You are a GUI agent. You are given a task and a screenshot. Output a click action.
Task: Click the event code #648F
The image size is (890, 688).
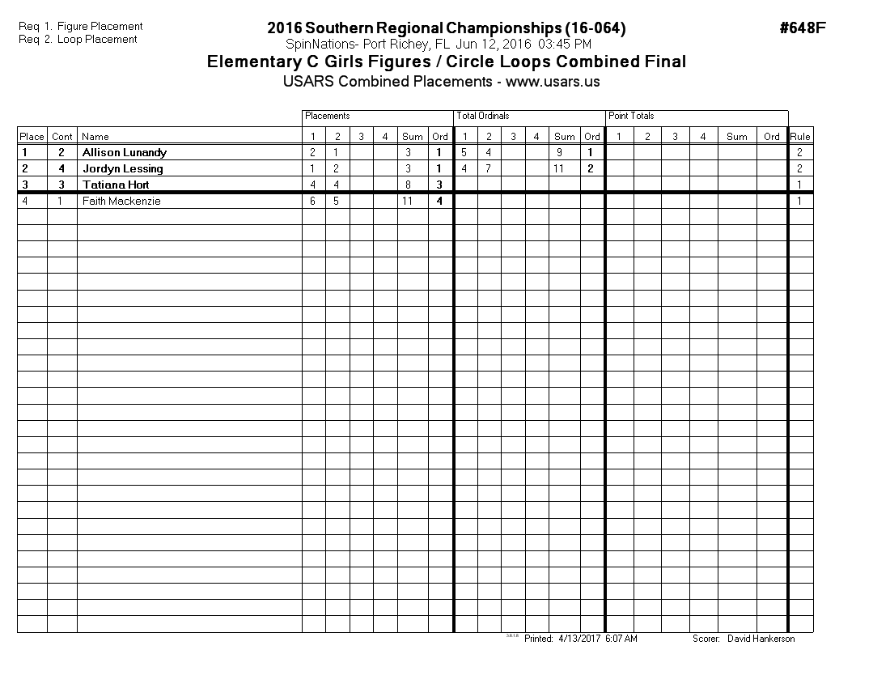802,28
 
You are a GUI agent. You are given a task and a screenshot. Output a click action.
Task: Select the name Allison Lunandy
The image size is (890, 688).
125,152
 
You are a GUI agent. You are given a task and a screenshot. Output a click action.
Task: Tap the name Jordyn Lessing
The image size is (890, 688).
122,168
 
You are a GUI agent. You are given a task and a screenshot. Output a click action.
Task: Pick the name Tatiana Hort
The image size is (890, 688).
116,185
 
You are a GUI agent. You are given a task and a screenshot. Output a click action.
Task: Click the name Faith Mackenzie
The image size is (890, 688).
121,201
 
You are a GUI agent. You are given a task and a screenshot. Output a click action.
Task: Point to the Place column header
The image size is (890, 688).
32,136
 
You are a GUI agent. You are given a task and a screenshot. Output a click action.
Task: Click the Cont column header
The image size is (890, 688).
62,136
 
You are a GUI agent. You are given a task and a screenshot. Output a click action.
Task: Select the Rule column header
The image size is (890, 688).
800,136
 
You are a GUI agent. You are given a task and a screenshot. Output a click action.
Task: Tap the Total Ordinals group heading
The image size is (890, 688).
483,116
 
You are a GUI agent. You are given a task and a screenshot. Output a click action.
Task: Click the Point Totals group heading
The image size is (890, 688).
631,116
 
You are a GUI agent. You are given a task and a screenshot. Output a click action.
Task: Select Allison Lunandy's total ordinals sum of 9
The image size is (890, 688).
560,152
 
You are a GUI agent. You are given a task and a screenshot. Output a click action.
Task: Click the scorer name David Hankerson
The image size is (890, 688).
761,639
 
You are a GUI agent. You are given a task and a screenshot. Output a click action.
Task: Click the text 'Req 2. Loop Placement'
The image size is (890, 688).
78,39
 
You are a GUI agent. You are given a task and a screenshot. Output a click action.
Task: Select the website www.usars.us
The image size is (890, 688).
553,82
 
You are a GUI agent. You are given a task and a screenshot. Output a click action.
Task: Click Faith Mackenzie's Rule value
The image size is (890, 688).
799,201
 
